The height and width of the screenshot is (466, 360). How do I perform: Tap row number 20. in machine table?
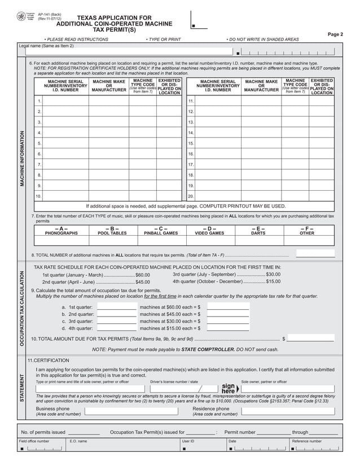(191, 196)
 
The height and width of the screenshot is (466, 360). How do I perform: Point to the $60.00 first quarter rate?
(142, 275)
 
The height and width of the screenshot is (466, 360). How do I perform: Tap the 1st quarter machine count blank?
(117, 307)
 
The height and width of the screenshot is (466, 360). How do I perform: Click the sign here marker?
(228, 389)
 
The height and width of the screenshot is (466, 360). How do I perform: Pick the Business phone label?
(53, 408)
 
